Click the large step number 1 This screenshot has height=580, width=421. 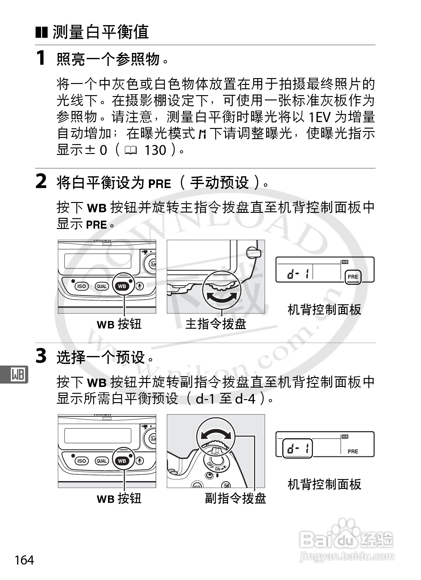[41, 58]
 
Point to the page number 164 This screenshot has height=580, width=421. [24, 560]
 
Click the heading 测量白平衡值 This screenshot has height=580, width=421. [101, 32]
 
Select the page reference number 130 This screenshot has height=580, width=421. [155, 150]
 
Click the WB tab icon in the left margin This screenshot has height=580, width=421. [18, 374]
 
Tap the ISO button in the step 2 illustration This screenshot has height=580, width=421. [81, 286]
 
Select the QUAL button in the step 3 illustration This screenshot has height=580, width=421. [102, 461]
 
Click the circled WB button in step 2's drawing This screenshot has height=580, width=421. [122, 286]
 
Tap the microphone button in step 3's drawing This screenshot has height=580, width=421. [140, 461]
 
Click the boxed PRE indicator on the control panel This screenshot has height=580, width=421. [353, 277]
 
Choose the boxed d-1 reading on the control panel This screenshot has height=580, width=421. [297, 448]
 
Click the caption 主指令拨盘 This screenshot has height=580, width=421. [216, 324]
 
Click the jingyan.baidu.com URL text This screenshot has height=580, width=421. [347, 556]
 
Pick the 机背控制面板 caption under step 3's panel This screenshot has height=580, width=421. [324, 484]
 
